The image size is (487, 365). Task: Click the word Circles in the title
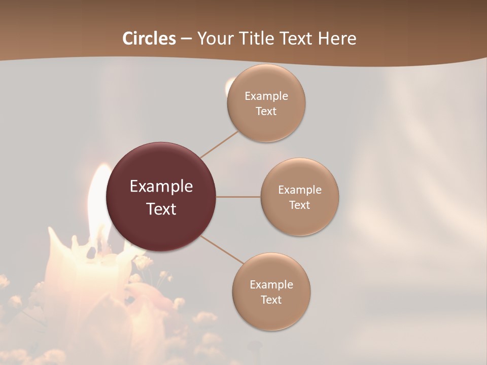[149, 39]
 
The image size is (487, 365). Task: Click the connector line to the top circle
[219, 144]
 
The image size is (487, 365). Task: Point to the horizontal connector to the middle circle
[238, 197]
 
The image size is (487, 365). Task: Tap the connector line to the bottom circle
[222, 249]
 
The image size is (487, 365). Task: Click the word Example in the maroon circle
[161, 187]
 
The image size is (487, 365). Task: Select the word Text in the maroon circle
[161, 209]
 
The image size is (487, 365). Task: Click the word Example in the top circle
[266, 96]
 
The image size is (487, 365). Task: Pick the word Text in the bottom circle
[271, 300]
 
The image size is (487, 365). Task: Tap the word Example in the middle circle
[300, 190]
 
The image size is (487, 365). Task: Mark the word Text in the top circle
[266, 112]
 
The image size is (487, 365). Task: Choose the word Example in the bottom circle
[271, 284]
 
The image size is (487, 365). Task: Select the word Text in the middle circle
[300, 205]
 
